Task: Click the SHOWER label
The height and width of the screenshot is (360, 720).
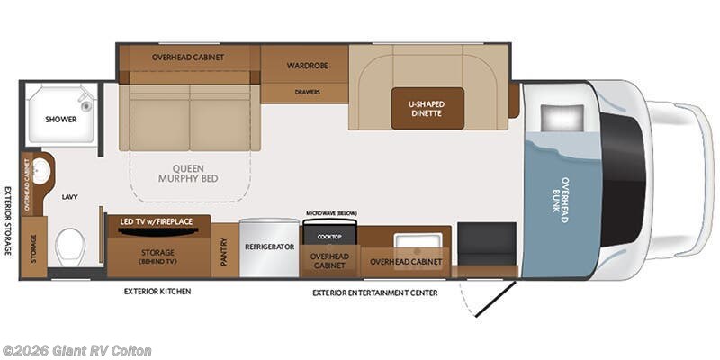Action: tap(61, 119)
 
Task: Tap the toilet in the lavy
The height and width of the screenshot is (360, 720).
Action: tap(69, 246)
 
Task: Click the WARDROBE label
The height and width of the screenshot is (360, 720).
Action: tap(305, 66)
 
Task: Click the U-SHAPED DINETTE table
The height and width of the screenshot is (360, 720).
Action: tap(427, 109)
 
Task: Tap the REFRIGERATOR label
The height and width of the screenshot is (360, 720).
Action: tap(270, 245)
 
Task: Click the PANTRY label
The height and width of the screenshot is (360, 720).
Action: tap(226, 257)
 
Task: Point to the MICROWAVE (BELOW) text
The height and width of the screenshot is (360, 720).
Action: tap(330, 212)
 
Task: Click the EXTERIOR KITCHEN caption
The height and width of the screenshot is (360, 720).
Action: tap(157, 292)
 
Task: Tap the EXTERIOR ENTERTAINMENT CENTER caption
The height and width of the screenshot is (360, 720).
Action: tap(374, 292)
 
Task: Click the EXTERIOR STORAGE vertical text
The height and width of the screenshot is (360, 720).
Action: tap(7, 220)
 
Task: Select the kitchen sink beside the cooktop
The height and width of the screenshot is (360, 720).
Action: tap(418, 240)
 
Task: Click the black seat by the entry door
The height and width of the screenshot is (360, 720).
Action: tap(487, 242)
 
